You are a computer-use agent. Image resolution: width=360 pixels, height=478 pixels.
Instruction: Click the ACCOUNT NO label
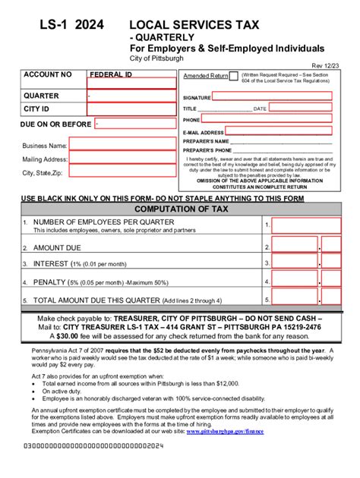tap(48, 75)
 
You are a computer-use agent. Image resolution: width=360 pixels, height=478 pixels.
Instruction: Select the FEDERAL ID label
tap(111, 75)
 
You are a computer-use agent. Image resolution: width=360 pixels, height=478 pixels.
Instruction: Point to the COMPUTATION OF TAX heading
tap(179, 209)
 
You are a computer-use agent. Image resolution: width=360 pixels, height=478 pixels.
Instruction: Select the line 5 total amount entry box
tap(295, 300)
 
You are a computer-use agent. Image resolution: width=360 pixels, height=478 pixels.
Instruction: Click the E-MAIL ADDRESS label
tap(203, 132)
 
